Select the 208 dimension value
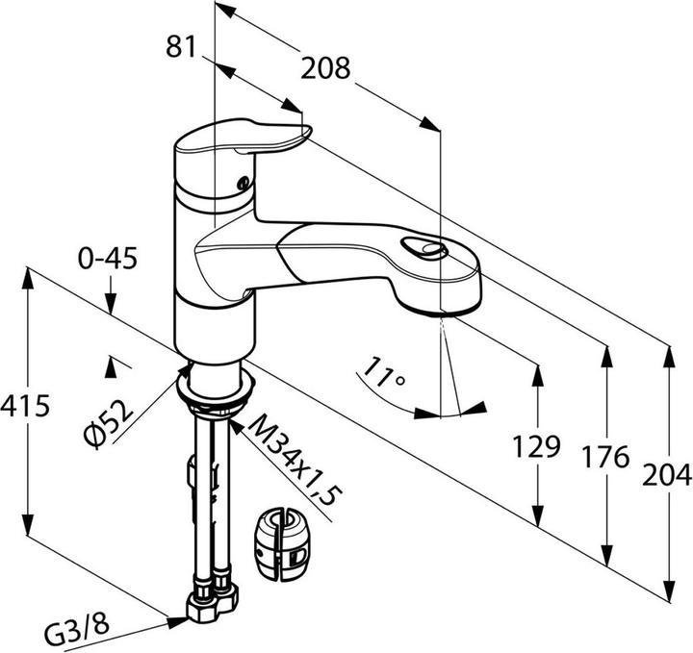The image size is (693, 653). click(325, 68)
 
